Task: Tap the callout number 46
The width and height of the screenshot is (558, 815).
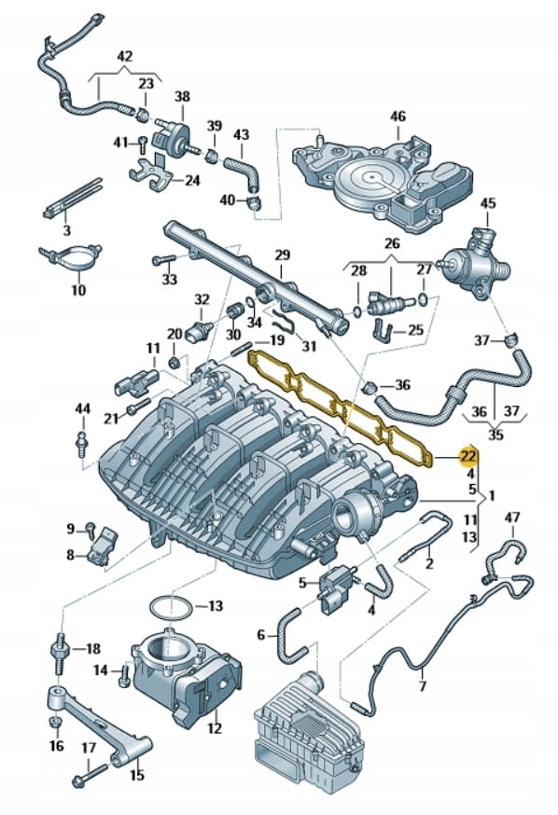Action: pos(398,116)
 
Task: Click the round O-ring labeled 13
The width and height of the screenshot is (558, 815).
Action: pos(170,608)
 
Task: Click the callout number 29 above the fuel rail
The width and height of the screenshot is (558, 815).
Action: pos(282,256)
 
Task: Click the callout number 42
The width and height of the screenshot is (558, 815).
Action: pos(125,56)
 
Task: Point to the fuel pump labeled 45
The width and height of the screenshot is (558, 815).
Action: pos(476,265)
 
